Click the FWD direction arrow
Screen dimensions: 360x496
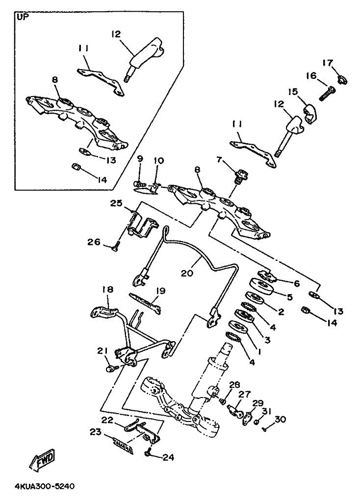(x=43, y=458)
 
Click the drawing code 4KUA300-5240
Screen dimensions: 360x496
(x=44, y=486)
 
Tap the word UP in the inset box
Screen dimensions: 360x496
(x=22, y=17)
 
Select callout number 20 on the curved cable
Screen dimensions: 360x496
(x=187, y=273)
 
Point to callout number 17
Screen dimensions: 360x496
(x=328, y=63)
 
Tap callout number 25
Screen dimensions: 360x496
(x=116, y=203)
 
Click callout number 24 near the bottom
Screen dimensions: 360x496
(x=168, y=457)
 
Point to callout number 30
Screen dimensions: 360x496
(x=280, y=419)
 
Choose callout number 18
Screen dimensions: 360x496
(x=107, y=290)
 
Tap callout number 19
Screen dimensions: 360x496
(x=161, y=290)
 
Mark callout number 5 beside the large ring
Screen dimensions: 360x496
(x=290, y=297)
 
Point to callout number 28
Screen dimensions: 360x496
(x=235, y=385)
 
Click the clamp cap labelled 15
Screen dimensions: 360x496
(x=310, y=114)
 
